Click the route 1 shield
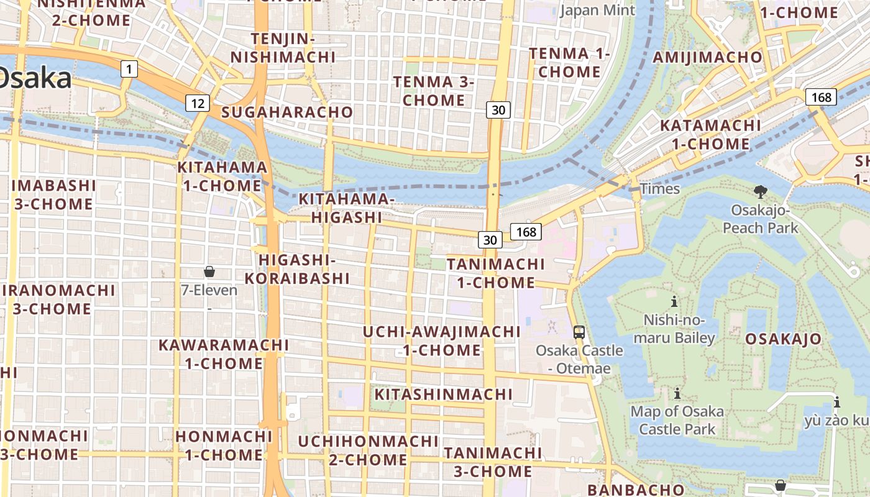coord(128,68)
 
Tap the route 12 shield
coord(197,103)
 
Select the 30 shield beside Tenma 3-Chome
coord(498,110)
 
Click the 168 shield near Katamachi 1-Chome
coord(821,97)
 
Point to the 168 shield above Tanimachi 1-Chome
coord(526,232)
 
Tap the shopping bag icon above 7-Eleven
coord(209,271)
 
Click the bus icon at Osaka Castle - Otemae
coord(579,332)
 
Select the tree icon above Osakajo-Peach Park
coord(759,191)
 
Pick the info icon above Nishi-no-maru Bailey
coord(674,302)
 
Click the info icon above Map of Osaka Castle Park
coord(677,393)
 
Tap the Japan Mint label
coord(598,10)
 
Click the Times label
coord(660,189)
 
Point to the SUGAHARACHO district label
coord(287,112)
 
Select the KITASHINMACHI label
coord(444,394)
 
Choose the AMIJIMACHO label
coord(708,57)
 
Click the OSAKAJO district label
coord(783,339)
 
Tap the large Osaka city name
coord(34,79)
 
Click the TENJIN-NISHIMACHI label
coord(283,48)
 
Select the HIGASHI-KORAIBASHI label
coord(297,269)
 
